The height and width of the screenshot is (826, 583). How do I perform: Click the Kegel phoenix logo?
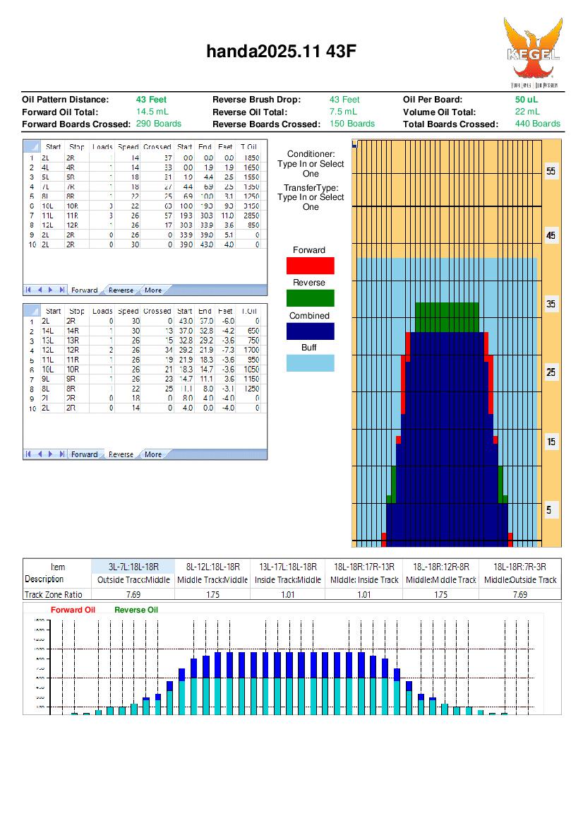coord(533,52)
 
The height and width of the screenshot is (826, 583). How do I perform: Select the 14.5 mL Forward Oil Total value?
coord(152,112)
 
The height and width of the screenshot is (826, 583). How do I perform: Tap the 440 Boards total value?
coord(537,124)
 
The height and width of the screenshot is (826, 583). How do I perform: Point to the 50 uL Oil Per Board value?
coord(526,100)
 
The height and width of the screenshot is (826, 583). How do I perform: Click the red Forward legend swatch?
coord(310,266)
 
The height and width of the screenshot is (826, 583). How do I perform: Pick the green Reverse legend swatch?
coord(310,298)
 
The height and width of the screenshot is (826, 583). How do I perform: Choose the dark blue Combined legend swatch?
coord(310,331)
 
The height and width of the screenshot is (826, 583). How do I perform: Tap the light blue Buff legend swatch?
coord(310,363)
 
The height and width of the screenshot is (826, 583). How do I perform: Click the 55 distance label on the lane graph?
coord(551,172)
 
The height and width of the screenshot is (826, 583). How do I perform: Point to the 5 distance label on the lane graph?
coord(551,510)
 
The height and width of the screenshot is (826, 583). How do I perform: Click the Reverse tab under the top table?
coord(121,290)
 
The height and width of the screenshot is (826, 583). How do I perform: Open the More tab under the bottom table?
coord(152,454)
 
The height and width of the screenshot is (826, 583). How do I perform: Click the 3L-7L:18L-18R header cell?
coord(133,567)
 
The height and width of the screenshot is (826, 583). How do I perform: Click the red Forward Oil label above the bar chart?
coord(72,610)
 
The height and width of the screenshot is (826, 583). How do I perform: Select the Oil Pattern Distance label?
coord(66,100)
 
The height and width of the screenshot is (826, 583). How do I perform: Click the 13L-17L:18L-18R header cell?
coord(289,567)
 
